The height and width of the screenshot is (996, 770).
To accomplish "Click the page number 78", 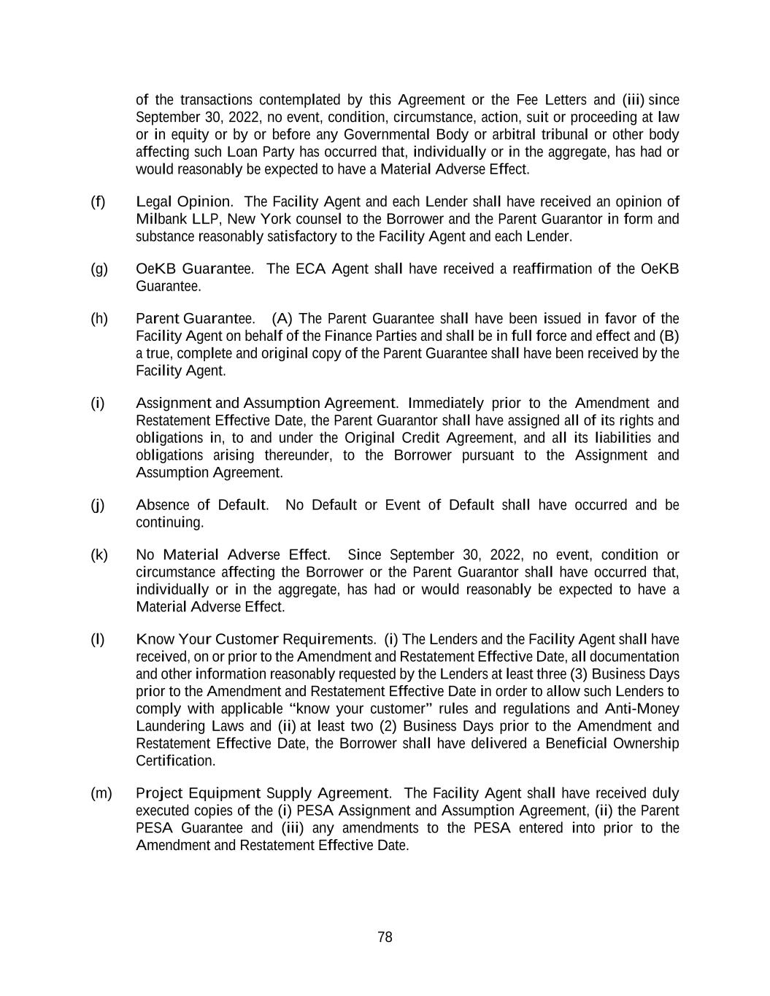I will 385,938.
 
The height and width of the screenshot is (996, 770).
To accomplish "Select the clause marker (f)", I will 98,201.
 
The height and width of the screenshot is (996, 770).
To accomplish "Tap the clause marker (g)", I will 99,269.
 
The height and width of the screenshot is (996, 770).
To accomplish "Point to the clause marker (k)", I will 99,555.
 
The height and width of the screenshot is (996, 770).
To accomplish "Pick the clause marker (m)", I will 101,793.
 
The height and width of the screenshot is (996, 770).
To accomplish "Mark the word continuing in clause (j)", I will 169,522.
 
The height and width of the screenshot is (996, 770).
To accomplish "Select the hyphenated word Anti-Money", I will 642,709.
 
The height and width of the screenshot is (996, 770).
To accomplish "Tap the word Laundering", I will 171,726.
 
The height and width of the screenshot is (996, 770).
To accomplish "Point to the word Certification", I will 175,761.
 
